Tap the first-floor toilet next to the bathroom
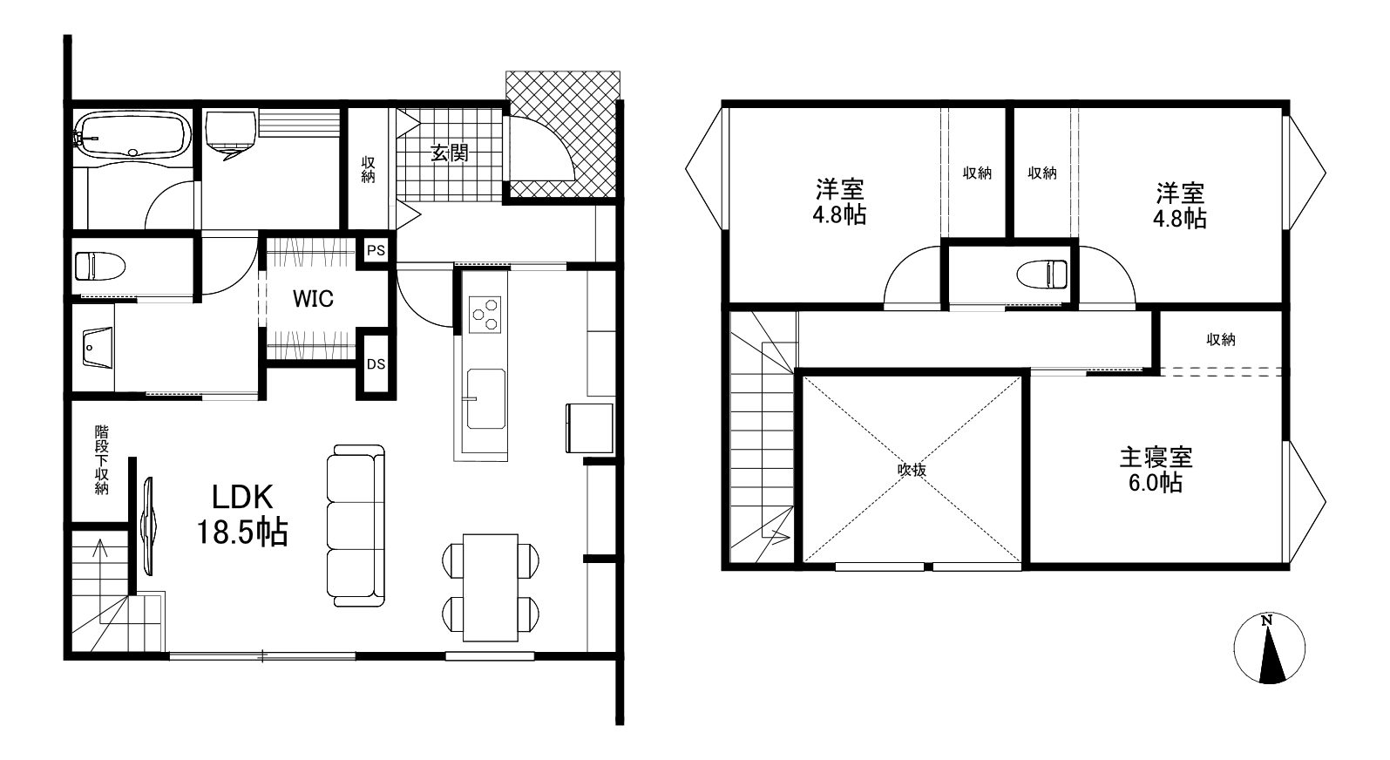pos(99,266)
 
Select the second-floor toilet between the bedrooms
pos(1042,274)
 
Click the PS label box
pos(376,251)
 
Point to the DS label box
pos(376,364)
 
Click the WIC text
pos(313,299)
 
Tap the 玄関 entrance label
pos(450,153)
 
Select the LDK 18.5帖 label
pos(242,514)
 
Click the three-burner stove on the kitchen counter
pos(485,315)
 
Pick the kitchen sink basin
pos(486,399)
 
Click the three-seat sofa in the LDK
pos(356,525)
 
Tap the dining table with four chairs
pos(491,587)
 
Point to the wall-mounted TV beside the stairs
pos(149,526)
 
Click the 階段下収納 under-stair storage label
pos(101,459)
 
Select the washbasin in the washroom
pos(98,348)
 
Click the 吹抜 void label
pos(912,470)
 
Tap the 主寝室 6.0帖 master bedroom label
pos(1156,470)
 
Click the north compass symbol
pos(1270,649)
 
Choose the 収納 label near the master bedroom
pos(1221,339)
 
